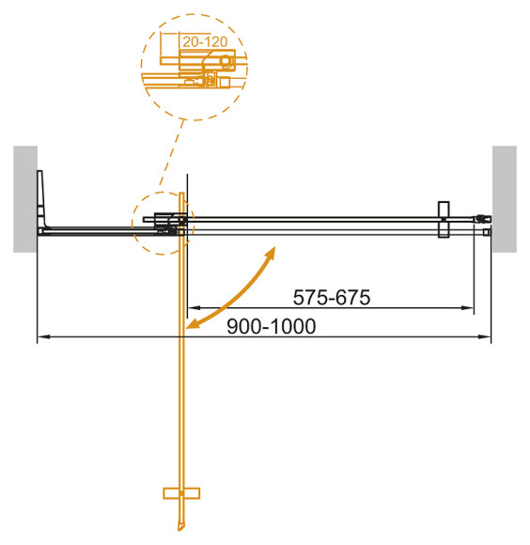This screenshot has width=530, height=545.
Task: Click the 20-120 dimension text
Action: [205, 43]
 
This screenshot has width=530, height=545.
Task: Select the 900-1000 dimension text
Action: [273, 325]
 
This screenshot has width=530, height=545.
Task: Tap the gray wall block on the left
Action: [24, 199]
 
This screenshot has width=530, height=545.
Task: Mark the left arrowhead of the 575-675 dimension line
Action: [194, 308]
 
